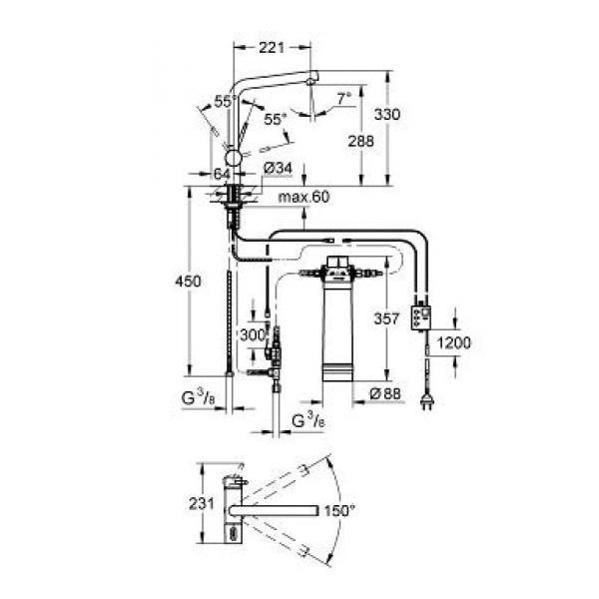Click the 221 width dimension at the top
[272, 47]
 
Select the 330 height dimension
[387, 114]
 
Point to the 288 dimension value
[360, 141]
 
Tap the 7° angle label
[343, 99]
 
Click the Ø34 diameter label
[279, 168]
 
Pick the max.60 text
[303, 197]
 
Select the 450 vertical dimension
[188, 282]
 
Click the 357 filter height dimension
[386, 318]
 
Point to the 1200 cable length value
[453, 342]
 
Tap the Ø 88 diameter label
[385, 393]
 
